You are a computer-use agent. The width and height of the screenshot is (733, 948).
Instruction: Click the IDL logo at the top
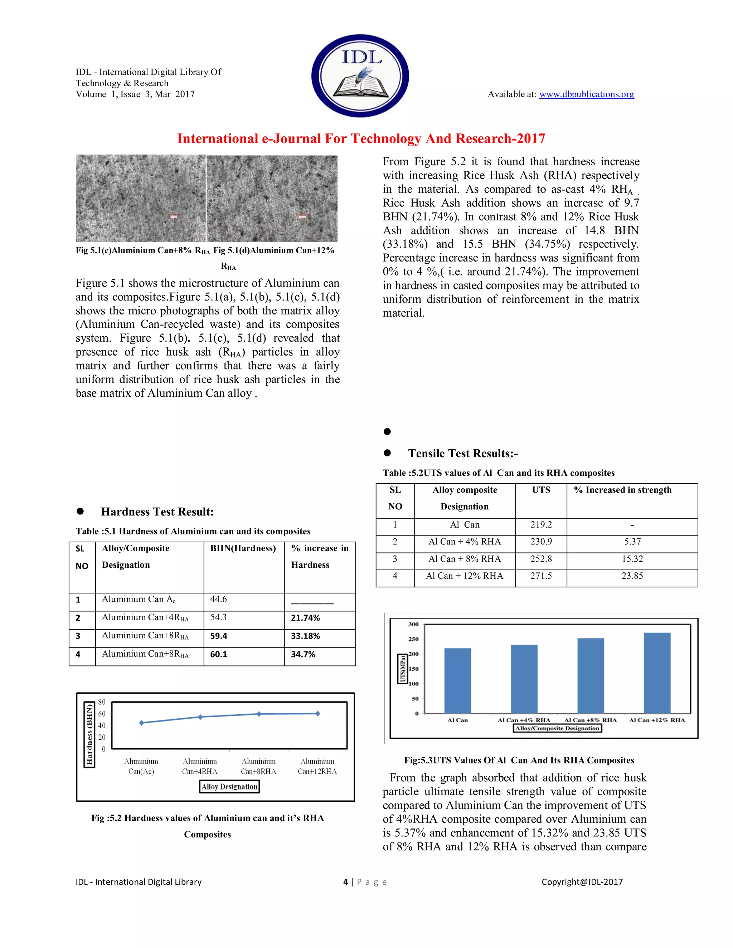[x=360, y=75]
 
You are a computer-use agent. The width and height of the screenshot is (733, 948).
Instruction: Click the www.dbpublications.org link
[x=586, y=94]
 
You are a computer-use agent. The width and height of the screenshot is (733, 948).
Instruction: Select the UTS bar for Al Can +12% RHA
[x=657, y=673]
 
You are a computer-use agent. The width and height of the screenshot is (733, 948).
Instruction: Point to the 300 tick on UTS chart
[x=413, y=624]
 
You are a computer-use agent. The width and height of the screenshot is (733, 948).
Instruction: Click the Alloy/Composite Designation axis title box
[x=558, y=728]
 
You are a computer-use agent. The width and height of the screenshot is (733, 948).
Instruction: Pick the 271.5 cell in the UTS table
[x=541, y=576]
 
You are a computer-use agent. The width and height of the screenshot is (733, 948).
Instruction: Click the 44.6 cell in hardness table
[x=218, y=600]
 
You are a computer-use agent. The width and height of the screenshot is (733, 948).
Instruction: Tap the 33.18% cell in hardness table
[x=305, y=636]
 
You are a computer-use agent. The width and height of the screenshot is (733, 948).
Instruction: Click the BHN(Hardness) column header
[x=243, y=548]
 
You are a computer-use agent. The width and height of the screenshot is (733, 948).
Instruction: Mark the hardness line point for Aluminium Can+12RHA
[x=317, y=714]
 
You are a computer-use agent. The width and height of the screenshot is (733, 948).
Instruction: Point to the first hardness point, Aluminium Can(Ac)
[x=142, y=723]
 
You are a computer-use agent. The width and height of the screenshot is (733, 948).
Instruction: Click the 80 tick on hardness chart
[x=102, y=702]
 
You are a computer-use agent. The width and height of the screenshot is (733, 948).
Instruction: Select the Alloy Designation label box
[x=229, y=787]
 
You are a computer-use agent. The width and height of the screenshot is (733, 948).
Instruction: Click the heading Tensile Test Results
[x=463, y=454]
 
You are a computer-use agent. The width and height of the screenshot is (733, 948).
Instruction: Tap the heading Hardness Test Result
[x=157, y=512]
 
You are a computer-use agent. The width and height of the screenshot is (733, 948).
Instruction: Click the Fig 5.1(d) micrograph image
[x=272, y=199]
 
